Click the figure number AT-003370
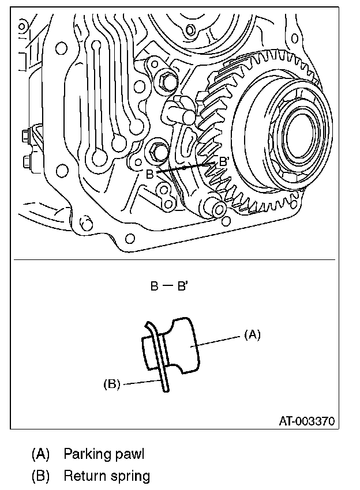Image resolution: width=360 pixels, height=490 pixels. (x=307, y=421)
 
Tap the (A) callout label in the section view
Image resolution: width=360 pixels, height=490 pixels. (x=253, y=334)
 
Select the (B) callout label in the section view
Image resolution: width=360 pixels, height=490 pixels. (x=111, y=383)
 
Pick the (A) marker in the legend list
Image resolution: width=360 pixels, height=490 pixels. (x=40, y=454)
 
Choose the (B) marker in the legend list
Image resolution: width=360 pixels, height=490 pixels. (x=40, y=477)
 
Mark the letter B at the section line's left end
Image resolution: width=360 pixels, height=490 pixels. (x=149, y=175)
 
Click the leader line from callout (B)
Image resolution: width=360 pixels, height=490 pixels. (x=141, y=381)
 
